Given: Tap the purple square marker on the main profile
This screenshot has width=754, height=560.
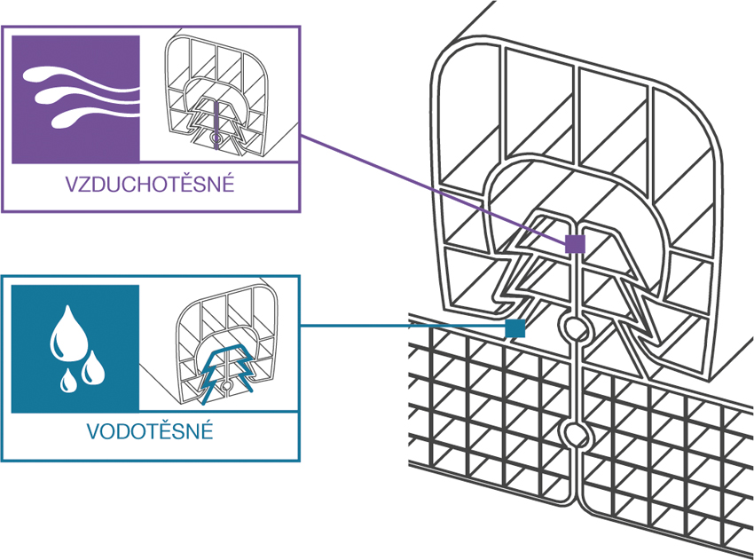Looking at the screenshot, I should [x=575, y=243].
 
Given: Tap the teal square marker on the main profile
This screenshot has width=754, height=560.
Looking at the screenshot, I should [x=514, y=327].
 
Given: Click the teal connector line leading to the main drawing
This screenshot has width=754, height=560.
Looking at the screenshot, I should [x=399, y=326].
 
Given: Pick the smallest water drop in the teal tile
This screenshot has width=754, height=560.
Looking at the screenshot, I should [x=67, y=382].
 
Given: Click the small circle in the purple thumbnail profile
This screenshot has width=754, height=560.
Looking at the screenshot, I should [x=215, y=140].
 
